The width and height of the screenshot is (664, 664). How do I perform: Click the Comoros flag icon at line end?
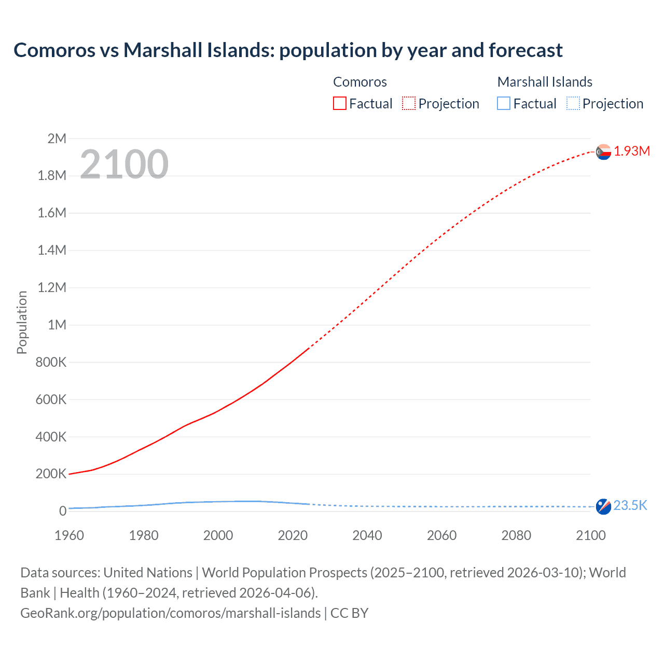pyautogui.click(x=603, y=152)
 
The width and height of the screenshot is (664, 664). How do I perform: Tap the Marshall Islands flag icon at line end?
pyautogui.click(x=603, y=506)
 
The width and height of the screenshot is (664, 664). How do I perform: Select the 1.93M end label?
pyautogui.click(x=632, y=151)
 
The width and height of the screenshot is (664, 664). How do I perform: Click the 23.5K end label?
pyautogui.click(x=630, y=505)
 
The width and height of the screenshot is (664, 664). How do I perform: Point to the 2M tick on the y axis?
pyautogui.click(x=57, y=139)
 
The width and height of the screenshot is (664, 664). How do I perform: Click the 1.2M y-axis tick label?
pyautogui.click(x=52, y=287)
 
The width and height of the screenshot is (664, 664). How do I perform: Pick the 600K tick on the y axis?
pyautogui.click(x=51, y=399)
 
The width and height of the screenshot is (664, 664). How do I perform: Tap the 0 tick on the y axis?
pyautogui.click(x=63, y=511)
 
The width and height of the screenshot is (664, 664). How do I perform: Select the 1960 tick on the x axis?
pyautogui.click(x=69, y=535)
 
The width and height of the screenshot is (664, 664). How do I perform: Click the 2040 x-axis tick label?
pyautogui.click(x=367, y=535)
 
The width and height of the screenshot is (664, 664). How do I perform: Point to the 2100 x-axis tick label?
pyautogui.click(x=590, y=535)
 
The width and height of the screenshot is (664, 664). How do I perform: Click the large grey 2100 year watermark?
pyautogui.click(x=124, y=164)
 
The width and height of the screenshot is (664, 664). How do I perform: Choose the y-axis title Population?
pyautogui.click(x=22, y=322)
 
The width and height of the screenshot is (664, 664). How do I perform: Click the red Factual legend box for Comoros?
pyautogui.click(x=340, y=103)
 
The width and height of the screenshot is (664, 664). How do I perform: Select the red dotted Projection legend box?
pyautogui.click(x=409, y=103)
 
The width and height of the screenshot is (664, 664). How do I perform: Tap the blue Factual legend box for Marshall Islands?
pyautogui.click(x=504, y=103)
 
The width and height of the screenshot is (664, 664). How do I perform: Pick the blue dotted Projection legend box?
pyautogui.click(x=573, y=103)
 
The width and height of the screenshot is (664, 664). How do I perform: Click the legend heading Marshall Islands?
pyautogui.click(x=545, y=82)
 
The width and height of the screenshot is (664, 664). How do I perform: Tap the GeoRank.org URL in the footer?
pyautogui.click(x=171, y=613)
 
